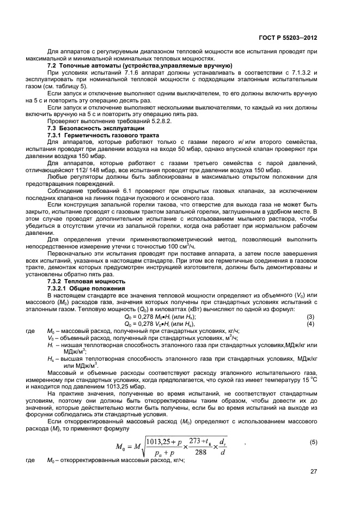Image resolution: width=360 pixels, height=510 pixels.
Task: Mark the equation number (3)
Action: pos(310,317)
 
